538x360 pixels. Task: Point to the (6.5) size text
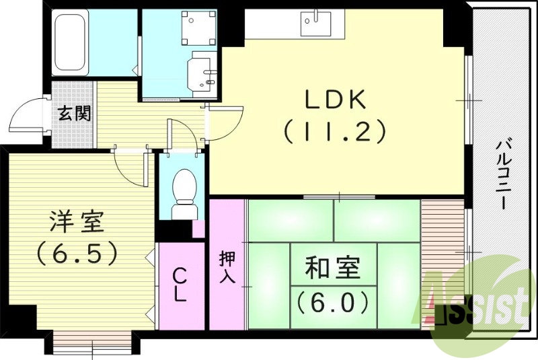(x=77, y=253)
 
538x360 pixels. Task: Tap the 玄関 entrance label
(x=74, y=113)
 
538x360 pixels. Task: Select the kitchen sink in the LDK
(x=316, y=24)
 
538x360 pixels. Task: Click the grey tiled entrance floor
(x=74, y=114)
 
